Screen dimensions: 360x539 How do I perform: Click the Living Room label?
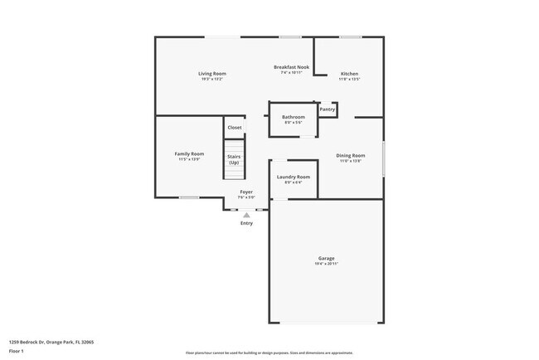(212, 74)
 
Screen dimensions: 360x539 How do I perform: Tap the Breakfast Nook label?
(291, 66)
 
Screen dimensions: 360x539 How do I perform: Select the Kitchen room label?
(349, 74)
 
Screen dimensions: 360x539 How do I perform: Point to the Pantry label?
(328, 109)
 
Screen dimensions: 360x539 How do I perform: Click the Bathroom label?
(294, 117)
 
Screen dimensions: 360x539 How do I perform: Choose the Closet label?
(235, 127)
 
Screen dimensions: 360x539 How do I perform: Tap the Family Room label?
(189, 153)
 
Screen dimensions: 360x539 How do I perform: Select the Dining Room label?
(350, 156)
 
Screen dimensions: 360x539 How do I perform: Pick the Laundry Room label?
(294, 177)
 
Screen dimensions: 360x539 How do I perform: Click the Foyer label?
(246, 192)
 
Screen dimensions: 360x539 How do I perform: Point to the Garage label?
(327, 257)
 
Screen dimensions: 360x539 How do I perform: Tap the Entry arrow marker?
(246, 215)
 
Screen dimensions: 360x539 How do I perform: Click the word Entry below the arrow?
(246, 223)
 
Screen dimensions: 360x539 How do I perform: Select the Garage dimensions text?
(327, 263)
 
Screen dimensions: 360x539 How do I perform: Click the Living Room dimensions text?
(212, 80)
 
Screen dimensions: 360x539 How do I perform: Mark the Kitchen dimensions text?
(349, 80)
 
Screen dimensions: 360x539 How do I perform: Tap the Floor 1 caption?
(17, 352)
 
